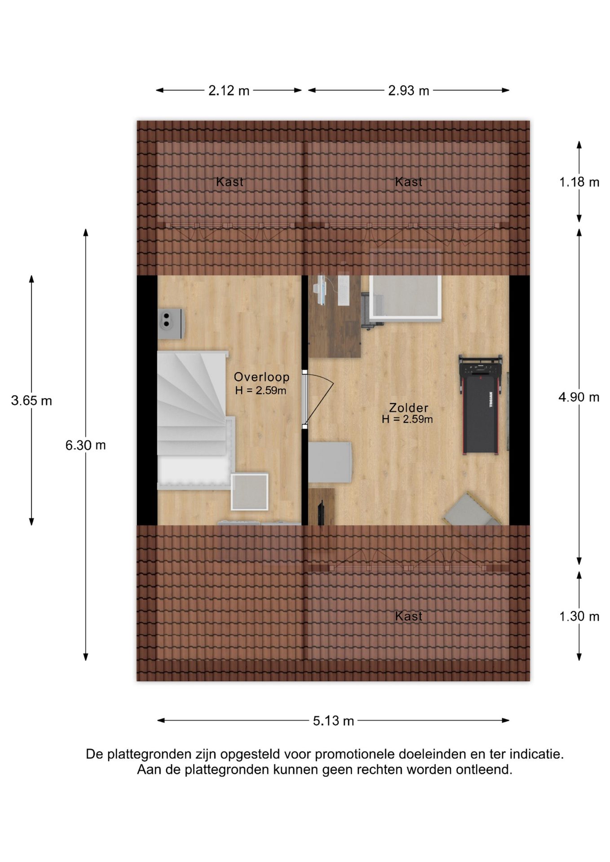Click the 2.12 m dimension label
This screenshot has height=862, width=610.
pyautogui.click(x=229, y=91)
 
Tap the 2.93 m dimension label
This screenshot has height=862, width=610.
pyautogui.click(x=409, y=91)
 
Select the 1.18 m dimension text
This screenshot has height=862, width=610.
pyautogui.click(x=579, y=182)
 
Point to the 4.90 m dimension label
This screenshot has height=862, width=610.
pyautogui.click(x=579, y=397)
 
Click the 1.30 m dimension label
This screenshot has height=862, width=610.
pyautogui.click(x=579, y=616)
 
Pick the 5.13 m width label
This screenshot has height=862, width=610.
pyautogui.click(x=334, y=721)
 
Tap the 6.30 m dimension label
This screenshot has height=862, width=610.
pyautogui.click(x=86, y=445)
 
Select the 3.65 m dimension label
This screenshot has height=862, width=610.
pyautogui.click(x=31, y=400)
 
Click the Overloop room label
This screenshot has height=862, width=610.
pyautogui.click(x=261, y=377)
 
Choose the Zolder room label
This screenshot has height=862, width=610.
pyautogui.click(x=409, y=408)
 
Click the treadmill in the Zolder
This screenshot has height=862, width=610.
pyautogui.click(x=480, y=404)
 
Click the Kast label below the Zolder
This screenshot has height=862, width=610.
pyautogui.click(x=409, y=616)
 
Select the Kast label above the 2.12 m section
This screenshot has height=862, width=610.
pyautogui.click(x=230, y=182)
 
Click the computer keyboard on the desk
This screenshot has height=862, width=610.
pyautogui.click(x=343, y=290)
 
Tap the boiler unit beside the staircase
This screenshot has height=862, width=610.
pyautogui.click(x=170, y=323)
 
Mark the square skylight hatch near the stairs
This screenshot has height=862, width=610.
pyautogui.click(x=249, y=492)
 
